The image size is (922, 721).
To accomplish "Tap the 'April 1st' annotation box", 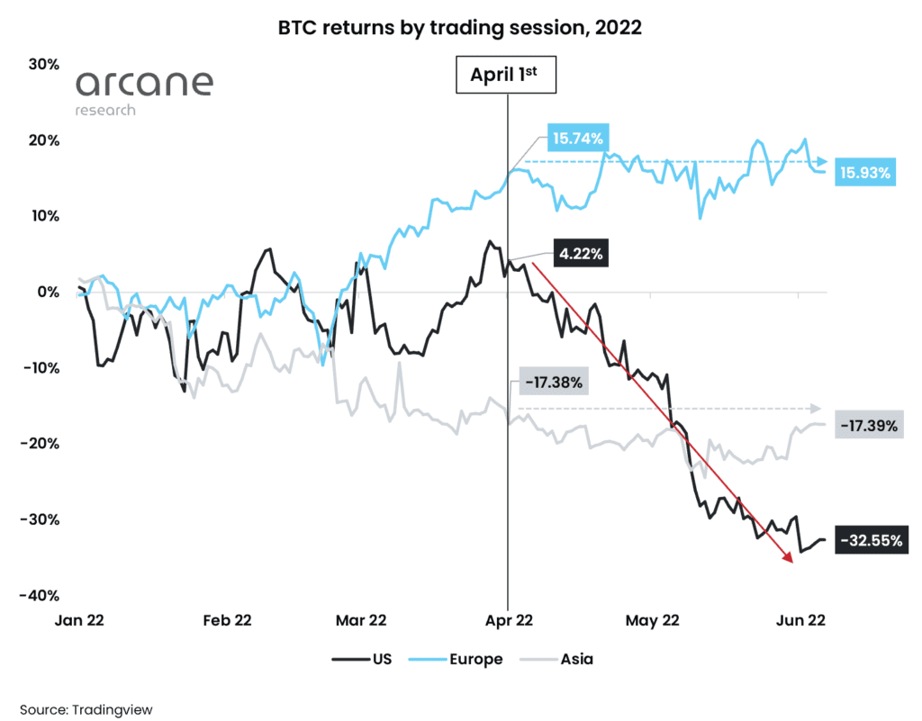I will pos(507,76).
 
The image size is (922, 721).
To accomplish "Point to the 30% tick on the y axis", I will pos(41,64).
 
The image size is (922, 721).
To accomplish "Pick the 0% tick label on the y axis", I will pos(47,292).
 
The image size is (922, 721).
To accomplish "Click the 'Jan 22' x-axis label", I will pos(84,620).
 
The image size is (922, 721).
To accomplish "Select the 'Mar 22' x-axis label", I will pos(362,620).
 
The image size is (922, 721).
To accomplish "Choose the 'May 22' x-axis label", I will pos(652,620).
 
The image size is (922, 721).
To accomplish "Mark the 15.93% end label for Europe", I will pos(865,173).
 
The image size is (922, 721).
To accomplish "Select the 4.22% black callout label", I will pos(577,255).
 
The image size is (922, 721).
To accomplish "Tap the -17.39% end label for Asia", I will pos(867,426).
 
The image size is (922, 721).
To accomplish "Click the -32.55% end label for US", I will pos(869,541).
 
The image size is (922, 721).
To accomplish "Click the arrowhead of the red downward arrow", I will pos(790,560).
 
